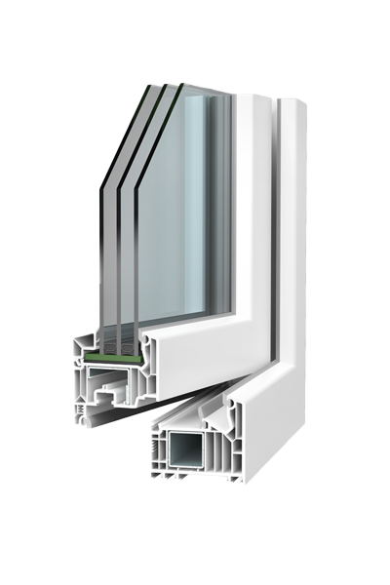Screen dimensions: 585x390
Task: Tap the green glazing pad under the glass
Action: (111, 360)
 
